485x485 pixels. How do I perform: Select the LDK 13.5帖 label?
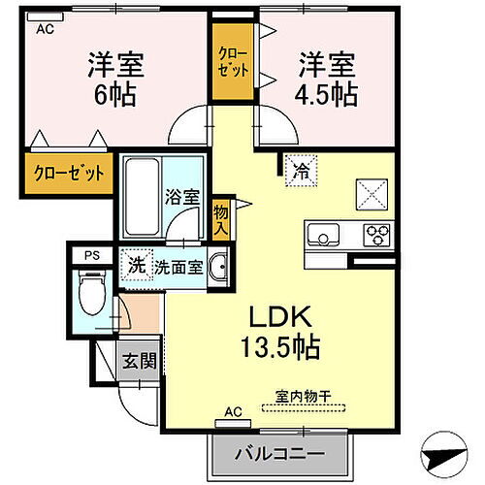(281, 331)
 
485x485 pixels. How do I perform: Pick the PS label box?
(91, 256)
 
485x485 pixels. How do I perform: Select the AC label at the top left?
(45, 29)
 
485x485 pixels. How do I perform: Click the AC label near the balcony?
(234, 411)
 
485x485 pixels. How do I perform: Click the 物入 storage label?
(222, 218)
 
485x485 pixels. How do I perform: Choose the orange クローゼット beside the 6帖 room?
(64, 175)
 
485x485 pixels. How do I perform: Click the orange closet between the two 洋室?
(231, 63)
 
